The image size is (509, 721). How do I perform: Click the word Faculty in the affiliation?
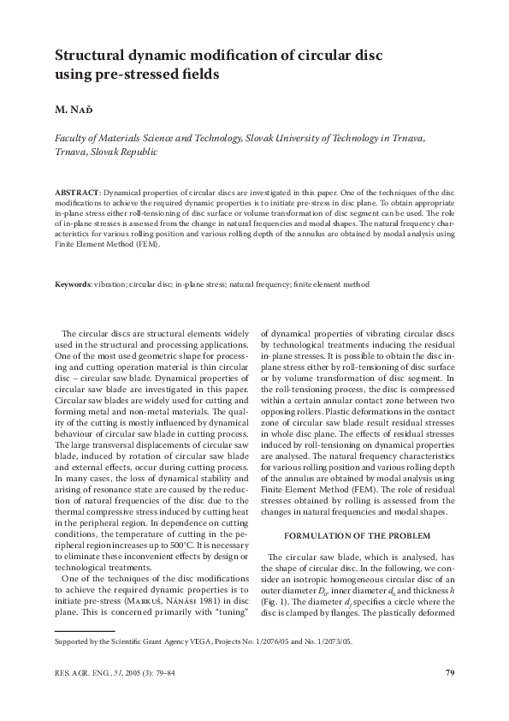pyautogui.click(x=73, y=137)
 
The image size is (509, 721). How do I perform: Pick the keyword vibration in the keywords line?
pyautogui.click(x=113, y=283)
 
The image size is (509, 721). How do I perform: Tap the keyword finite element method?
pyautogui.click(x=332, y=283)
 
